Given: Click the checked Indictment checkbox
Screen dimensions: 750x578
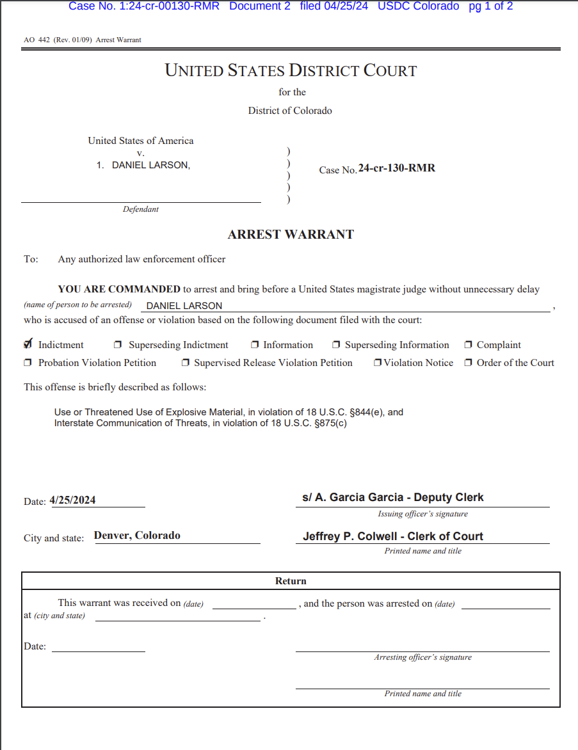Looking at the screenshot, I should click(x=28, y=344).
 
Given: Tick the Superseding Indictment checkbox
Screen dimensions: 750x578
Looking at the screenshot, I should click(x=118, y=345).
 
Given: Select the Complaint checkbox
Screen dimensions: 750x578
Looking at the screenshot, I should click(x=469, y=345).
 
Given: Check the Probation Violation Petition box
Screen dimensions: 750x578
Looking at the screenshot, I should click(x=28, y=363).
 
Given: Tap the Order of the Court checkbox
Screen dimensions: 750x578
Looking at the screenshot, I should click(x=469, y=363).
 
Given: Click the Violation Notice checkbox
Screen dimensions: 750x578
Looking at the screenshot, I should click(x=378, y=363).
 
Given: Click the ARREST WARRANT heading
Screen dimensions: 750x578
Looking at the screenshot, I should click(x=291, y=234).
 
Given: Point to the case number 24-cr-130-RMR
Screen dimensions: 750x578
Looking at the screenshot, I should click(x=397, y=168).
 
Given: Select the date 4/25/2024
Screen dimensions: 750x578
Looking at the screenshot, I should click(x=72, y=500).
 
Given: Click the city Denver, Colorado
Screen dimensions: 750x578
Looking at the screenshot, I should click(x=137, y=536).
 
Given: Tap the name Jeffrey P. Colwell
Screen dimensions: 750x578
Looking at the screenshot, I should click(x=351, y=536).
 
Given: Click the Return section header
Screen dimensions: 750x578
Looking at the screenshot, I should click(x=291, y=581).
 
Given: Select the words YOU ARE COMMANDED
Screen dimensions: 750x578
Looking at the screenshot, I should click(x=119, y=289).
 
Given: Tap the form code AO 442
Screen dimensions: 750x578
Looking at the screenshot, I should click(x=37, y=40).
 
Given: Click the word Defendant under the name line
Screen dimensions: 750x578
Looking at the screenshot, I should click(x=141, y=209).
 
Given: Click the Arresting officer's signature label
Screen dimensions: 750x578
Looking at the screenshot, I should click(x=422, y=657).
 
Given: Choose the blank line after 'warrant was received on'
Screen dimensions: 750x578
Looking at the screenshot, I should click(x=253, y=605).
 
